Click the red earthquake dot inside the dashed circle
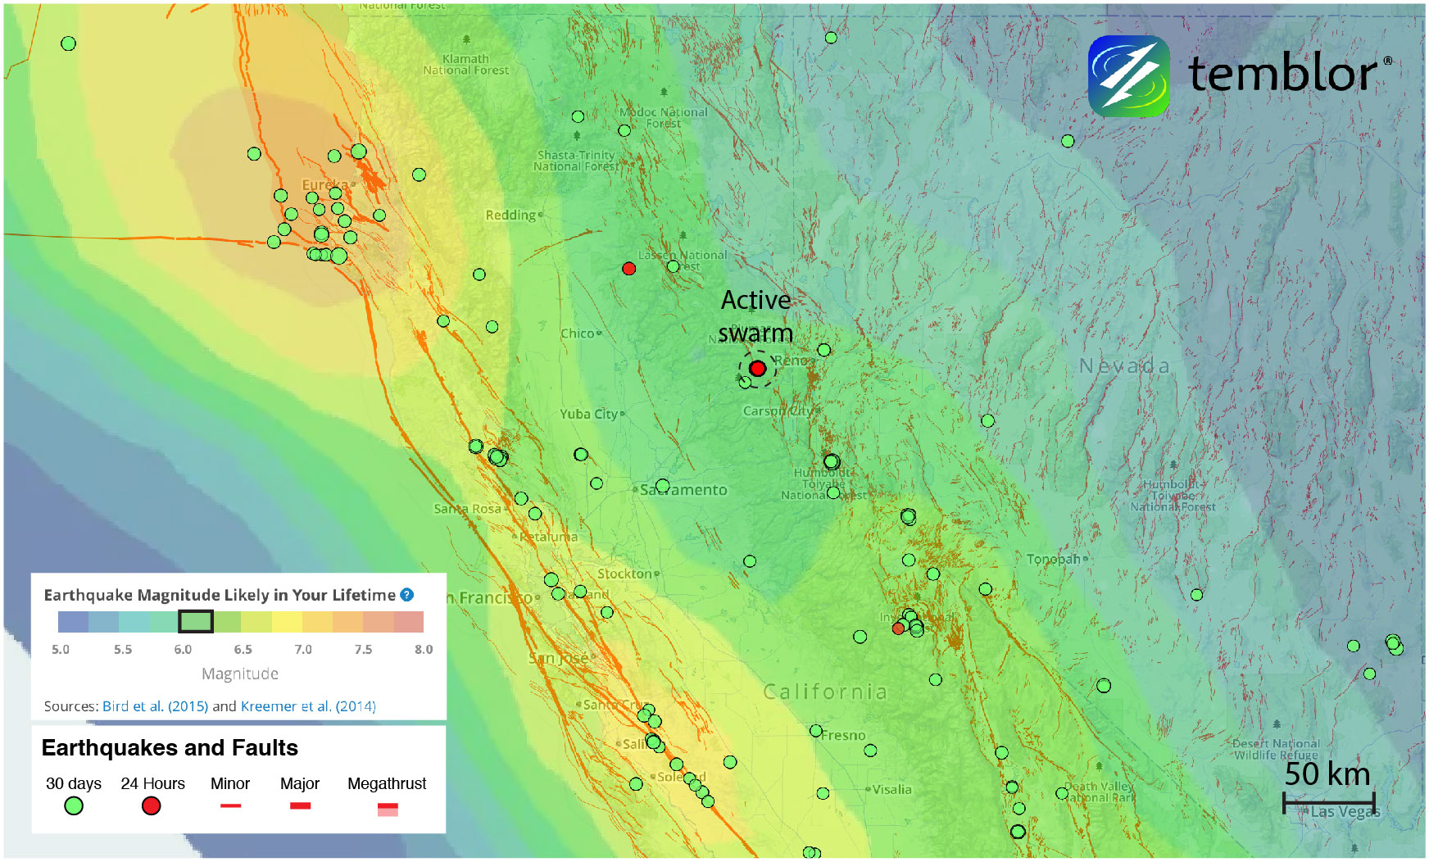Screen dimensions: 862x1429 coord(757,369)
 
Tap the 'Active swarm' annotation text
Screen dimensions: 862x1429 coord(755,317)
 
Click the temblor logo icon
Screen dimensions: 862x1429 coord(1128,76)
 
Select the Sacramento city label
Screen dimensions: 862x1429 coord(683,490)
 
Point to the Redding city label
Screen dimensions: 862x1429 coord(510,215)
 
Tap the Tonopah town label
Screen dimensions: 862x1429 coord(1053,559)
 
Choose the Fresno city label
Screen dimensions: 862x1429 coord(842,735)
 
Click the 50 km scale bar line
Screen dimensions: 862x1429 coord(1328,802)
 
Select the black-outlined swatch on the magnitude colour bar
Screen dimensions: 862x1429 coord(196,622)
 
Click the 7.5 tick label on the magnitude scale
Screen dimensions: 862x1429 coord(363,650)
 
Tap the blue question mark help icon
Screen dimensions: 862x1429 coord(407,595)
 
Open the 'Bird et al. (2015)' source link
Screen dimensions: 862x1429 coord(155,706)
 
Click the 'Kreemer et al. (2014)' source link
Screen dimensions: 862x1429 coord(308,706)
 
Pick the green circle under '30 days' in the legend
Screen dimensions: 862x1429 coord(74,806)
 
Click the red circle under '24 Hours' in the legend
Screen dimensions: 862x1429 coord(151,806)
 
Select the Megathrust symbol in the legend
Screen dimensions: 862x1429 coord(388,810)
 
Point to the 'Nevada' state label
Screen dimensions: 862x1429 coord(1124,366)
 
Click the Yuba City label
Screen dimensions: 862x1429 coord(588,415)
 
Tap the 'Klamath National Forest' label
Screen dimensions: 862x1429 coord(465,65)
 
